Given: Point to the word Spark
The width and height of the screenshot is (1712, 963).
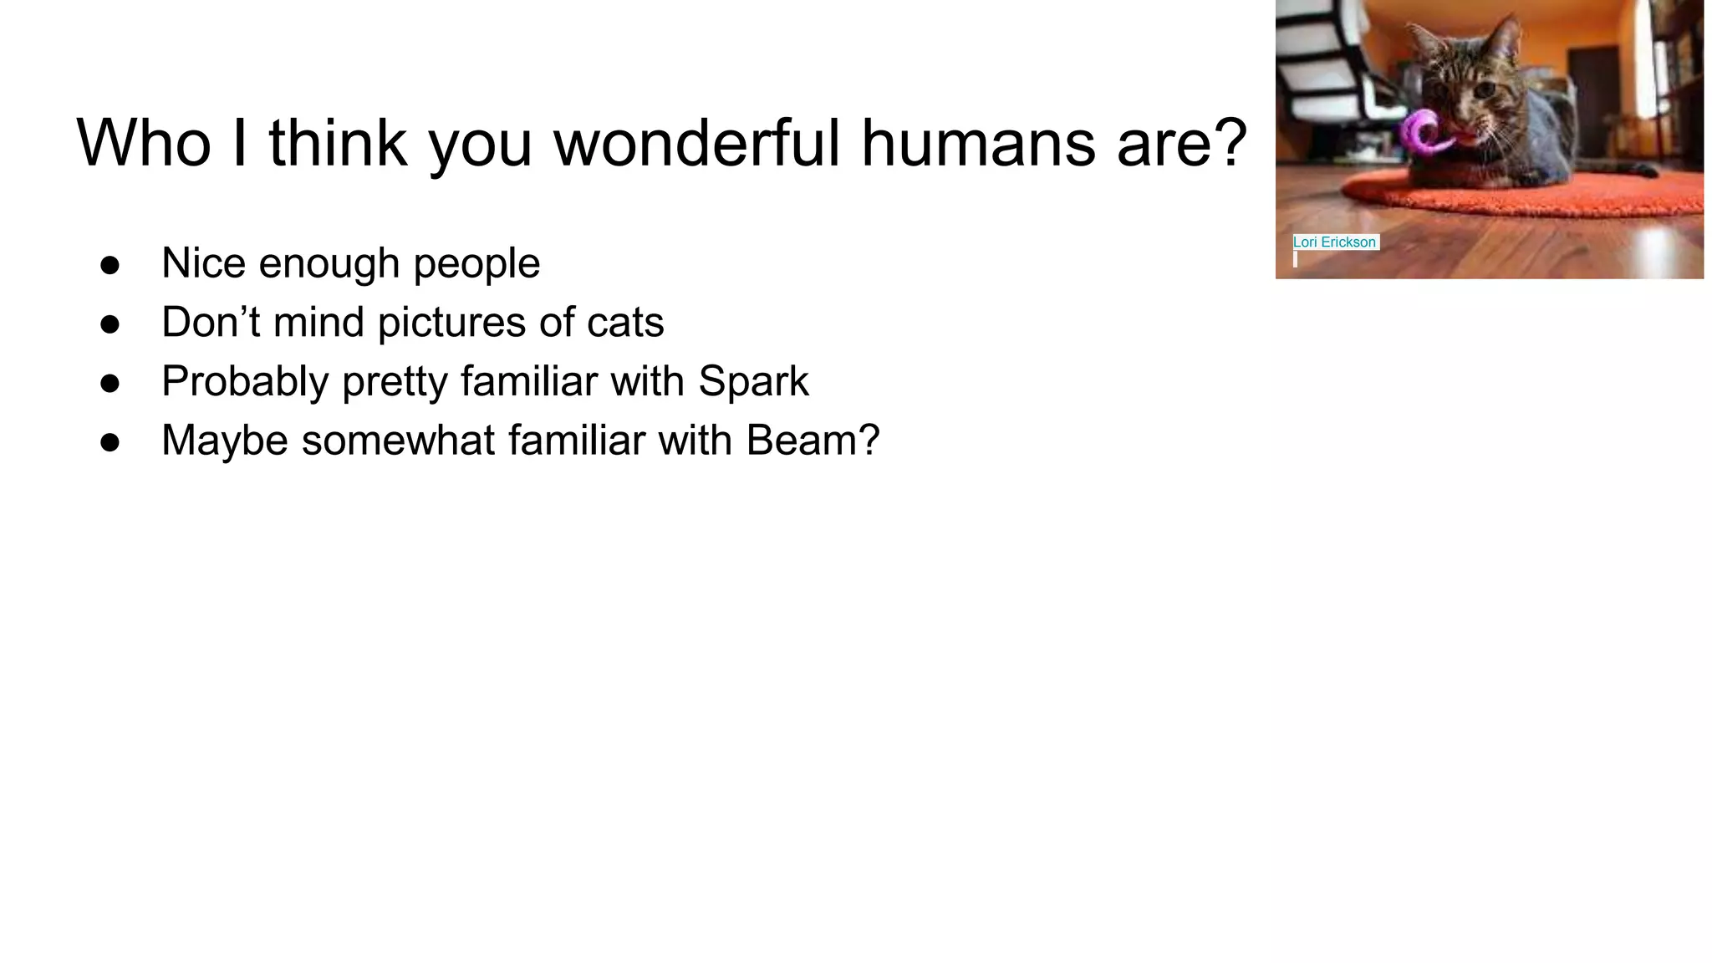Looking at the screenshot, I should [x=753, y=381].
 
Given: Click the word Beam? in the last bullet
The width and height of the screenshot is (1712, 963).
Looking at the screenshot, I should [x=813, y=440].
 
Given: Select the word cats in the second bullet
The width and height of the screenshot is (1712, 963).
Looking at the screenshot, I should [x=625, y=323].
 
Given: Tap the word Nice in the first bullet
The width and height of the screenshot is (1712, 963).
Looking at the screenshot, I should [x=203, y=263].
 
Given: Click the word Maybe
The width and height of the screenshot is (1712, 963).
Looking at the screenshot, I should [x=225, y=441].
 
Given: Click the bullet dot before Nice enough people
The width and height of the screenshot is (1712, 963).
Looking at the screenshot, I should [x=110, y=265].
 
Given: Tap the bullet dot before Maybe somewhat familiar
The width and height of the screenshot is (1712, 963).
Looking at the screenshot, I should [x=110, y=442].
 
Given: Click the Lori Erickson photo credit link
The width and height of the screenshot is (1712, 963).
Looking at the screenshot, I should [x=1334, y=242].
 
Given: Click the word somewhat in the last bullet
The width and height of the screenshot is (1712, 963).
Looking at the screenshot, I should [x=398, y=441].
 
